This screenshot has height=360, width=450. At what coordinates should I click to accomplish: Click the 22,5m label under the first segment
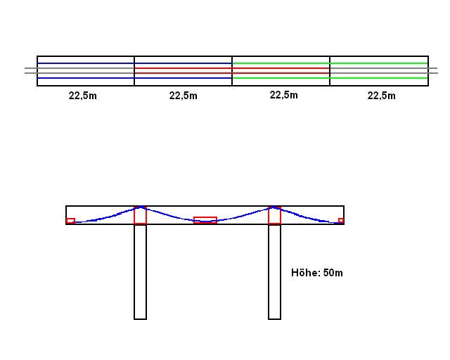[x=83, y=96]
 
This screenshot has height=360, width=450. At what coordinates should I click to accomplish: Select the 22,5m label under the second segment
[x=183, y=96]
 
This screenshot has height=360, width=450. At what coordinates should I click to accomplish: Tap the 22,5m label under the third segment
[x=284, y=95]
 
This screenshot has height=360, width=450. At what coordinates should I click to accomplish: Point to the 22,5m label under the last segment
[x=381, y=96]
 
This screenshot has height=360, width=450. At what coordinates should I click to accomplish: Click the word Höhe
[x=306, y=272]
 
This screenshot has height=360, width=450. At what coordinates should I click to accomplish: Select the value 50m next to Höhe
[x=333, y=273]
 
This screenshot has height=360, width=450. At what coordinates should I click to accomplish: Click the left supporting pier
[x=140, y=271]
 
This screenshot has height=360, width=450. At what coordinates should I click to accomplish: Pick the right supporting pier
[x=274, y=271]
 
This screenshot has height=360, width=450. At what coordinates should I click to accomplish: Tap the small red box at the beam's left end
[x=70, y=221]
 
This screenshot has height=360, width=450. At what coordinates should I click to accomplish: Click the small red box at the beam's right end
[x=341, y=221]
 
